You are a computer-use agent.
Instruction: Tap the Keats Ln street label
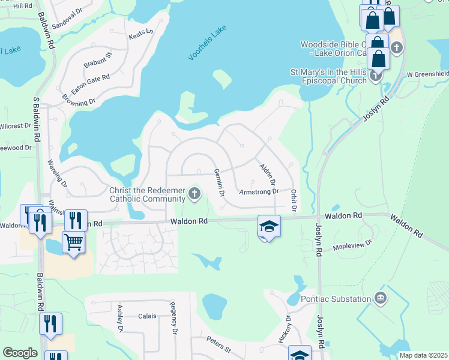click(141, 34)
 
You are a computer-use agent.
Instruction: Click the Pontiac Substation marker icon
click(379, 298)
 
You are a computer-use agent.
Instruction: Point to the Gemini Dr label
click(219, 182)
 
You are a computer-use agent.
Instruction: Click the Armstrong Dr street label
click(259, 192)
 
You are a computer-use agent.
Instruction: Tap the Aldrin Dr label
click(267, 173)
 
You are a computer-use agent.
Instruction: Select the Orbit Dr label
click(294, 200)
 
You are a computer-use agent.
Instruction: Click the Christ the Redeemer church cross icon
click(193, 193)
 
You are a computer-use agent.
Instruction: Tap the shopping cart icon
click(73, 242)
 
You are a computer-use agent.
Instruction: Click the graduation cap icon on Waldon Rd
click(269, 226)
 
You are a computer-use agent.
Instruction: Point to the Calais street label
click(147, 316)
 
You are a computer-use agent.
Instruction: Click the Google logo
click(20, 353)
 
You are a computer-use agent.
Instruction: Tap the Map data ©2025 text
click(423, 355)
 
